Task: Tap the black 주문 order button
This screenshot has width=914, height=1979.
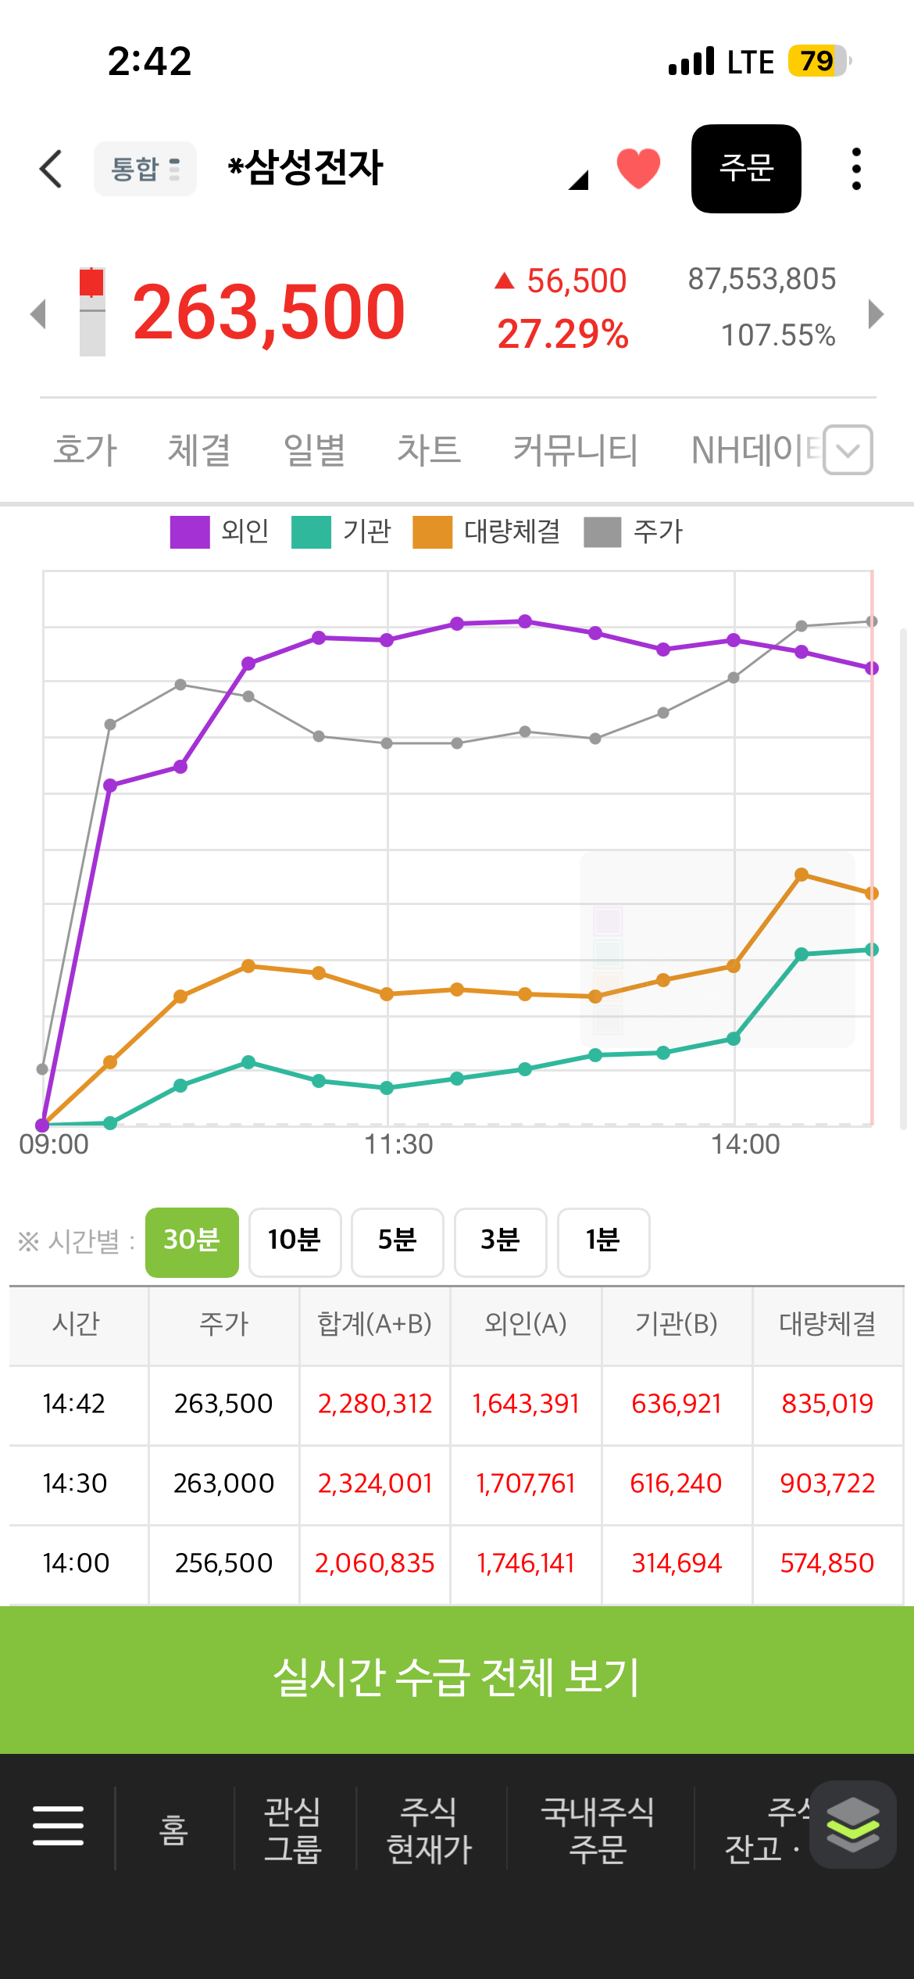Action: tap(746, 169)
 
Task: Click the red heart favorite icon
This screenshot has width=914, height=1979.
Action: tap(638, 168)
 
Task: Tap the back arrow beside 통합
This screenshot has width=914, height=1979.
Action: tap(51, 169)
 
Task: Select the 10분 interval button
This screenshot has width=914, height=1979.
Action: tap(295, 1242)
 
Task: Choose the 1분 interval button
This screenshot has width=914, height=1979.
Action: tap(603, 1242)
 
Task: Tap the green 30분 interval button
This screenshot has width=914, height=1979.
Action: tap(192, 1242)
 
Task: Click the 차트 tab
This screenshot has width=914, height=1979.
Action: tap(429, 450)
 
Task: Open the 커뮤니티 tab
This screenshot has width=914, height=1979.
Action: tap(576, 450)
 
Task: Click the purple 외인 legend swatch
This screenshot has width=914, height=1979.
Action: tap(190, 532)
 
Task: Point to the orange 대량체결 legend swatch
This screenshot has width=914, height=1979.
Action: tap(433, 532)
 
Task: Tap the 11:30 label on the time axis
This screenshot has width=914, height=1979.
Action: tap(398, 1144)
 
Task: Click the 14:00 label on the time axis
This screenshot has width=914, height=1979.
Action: tap(745, 1144)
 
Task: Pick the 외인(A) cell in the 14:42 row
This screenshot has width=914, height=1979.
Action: tap(526, 1404)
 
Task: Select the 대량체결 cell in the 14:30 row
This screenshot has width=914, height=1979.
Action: tap(827, 1483)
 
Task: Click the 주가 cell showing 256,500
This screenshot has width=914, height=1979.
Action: tap(224, 1563)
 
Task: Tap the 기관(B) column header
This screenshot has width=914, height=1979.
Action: tap(677, 1324)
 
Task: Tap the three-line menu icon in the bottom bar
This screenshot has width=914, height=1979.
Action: tap(58, 1826)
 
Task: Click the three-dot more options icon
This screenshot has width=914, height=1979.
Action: tap(856, 169)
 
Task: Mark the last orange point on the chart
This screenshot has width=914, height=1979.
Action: tap(872, 893)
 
